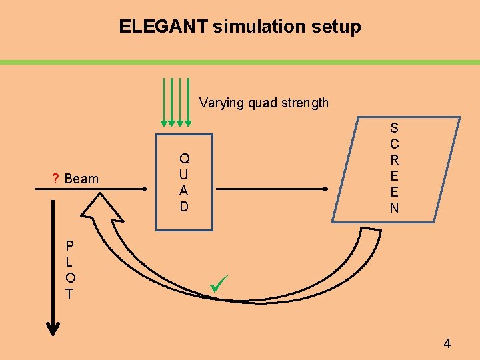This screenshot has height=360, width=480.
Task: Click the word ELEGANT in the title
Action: click(163, 27)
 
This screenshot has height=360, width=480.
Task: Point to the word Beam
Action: click(82, 179)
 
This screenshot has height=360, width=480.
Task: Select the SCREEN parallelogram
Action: click(396, 169)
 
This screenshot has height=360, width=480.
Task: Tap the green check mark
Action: click(218, 286)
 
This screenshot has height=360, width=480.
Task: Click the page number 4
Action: click(447, 344)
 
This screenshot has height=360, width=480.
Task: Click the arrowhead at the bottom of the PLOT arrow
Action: click(53, 328)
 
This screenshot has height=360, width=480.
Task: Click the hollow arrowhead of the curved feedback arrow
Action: click(101, 208)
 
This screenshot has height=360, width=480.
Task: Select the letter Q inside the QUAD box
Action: click(185, 159)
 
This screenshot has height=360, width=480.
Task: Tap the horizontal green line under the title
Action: click(240, 62)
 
